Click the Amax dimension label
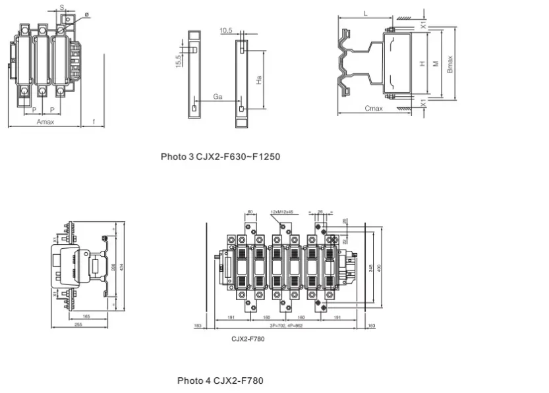pyautogui.click(x=45, y=122)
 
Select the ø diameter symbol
pyautogui.click(x=86, y=14)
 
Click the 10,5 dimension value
pyautogui.click(x=226, y=30)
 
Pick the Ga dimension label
pyautogui.click(x=217, y=97)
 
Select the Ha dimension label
pyautogui.click(x=260, y=79)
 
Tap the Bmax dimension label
pyautogui.click(x=450, y=64)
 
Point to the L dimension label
pyautogui.click(x=365, y=13)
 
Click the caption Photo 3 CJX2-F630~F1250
pyautogui.click(x=221, y=157)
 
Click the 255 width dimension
pyautogui.click(x=78, y=325)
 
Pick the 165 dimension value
pyautogui.click(x=86, y=317)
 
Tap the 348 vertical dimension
pyautogui.click(x=370, y=267)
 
